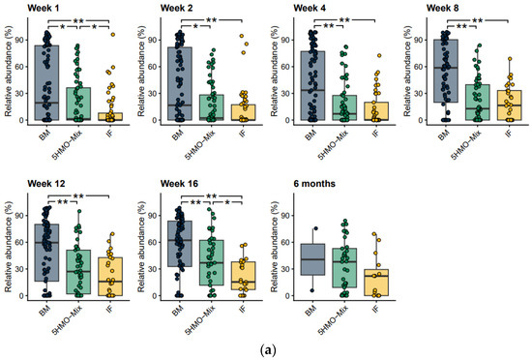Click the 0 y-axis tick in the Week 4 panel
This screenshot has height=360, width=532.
pyautogui.click(x=284, y=121)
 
